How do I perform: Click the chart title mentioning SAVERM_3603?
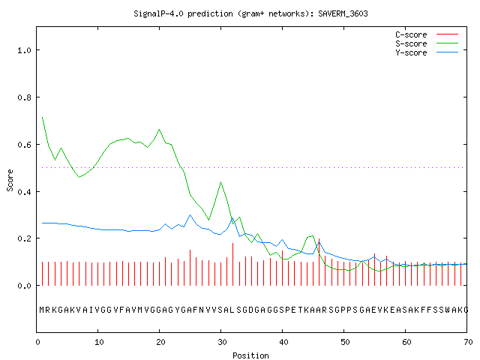pyautogui.click(x=250, y=13)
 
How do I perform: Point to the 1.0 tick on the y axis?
pyautogui.click(x=24, y=50)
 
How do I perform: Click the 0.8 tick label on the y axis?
pyautogui.click(x=24, y=97)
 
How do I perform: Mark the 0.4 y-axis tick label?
pyautogui.click(x=24, y=192)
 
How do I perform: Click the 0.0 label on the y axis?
pyautogui.click(x=24, y=286)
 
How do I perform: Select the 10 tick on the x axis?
pyautogui.click(x=99, y=342)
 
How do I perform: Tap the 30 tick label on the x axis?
pyautogui.click(x=222, y=342)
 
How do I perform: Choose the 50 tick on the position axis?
pyautogui.click(x=345, y=342)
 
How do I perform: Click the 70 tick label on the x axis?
pyautogui.click(x=468, y=342)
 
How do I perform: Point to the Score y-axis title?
pyautogui.click(x=10, y=180)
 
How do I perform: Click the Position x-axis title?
pyautogui.click(x=250, y=355)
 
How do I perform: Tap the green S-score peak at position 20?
pyautogui.click(x=159, y=130)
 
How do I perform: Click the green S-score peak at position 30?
pyautogui.click(x=220, y=181)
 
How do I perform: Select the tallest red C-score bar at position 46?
pyautogui.click(x=319, y=262)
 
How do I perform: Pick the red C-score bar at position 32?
pyautogui.click(x=233, y=264)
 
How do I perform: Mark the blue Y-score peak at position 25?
pyautogui.click(x=190, y=215)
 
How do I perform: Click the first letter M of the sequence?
pyautogui.click(x=42, y=310)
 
